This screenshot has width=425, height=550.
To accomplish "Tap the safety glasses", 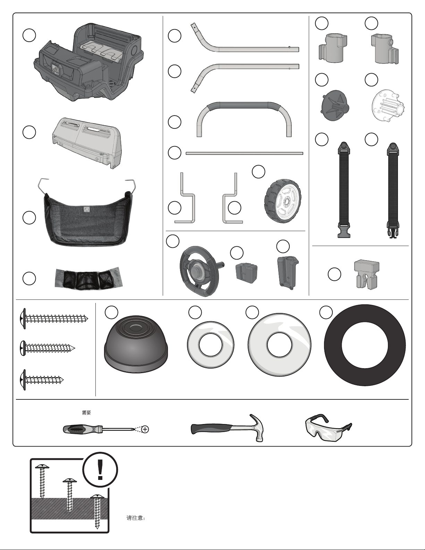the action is pos(328,428).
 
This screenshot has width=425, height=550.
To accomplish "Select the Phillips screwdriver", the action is pos(101,429).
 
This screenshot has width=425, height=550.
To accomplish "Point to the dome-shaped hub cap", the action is pos(136,344).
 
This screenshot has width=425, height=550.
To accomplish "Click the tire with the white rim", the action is pos(282,201).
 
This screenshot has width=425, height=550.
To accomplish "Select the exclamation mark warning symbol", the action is pos(100,470).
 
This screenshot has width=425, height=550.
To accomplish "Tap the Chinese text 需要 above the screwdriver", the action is pos(86,413).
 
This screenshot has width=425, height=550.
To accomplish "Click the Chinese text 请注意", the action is pos(135,518).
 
